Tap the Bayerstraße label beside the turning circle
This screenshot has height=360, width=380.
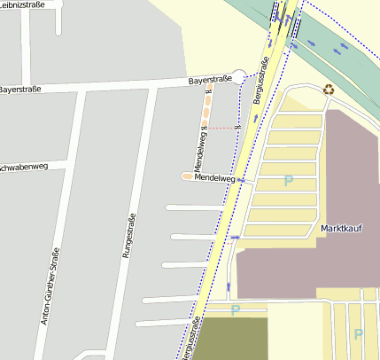(x=210, y=81)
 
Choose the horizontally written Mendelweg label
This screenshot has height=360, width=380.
(x=214, y=178)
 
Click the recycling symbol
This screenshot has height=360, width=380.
(x=330, y=89)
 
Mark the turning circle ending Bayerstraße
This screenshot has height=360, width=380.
(x=239, y=77)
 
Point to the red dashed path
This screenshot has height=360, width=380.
(x=226, y=129)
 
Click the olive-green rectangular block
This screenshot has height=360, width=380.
(x=230, y=338)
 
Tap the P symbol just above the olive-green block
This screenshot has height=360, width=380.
(x=236, y=309)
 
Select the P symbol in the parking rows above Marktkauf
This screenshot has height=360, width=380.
(x=287, y=181)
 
